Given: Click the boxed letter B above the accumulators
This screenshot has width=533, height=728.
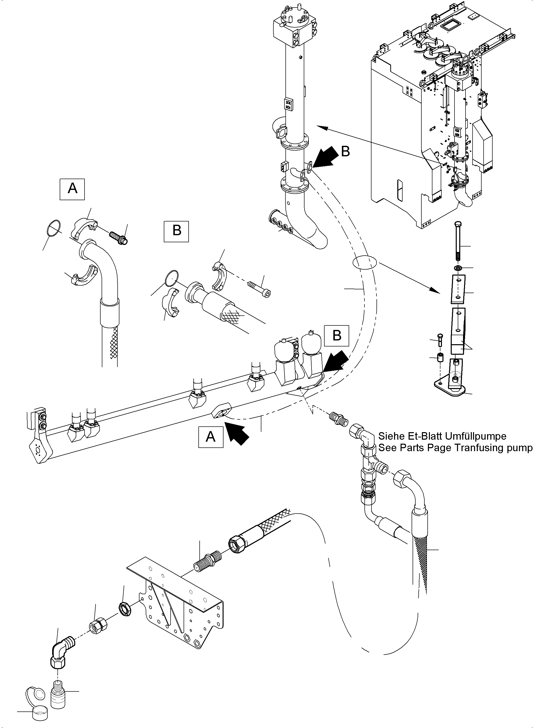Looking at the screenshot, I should pos(337,335).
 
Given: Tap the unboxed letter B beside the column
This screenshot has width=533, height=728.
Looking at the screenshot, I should pos(345,152).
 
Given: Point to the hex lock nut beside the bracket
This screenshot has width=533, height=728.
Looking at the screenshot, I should pos(124,609).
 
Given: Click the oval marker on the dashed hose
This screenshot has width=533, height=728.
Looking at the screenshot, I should pos(364,262).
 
